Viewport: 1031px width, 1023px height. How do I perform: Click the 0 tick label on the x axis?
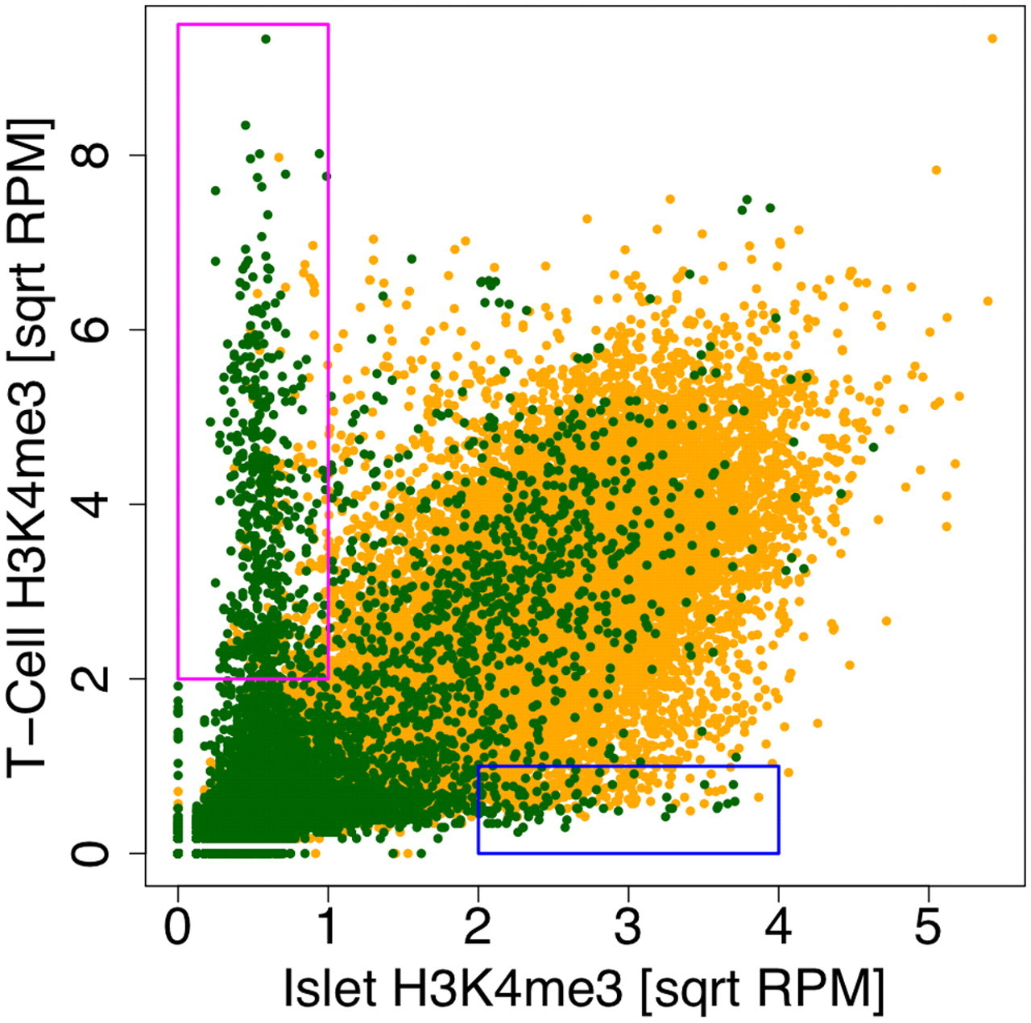pos(178,928)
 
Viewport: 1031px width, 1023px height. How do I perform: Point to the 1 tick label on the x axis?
pos(328,928)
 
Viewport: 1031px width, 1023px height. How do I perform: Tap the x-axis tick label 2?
pos(478,928)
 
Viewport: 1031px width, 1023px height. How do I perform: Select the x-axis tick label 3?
pos(628,928)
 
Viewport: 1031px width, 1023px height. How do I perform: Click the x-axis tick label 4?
pos(778,928)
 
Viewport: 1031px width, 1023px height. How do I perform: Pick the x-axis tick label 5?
pos(928,928)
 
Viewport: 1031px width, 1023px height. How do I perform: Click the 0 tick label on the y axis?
pos(91,853)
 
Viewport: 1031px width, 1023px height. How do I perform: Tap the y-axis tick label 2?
pos(91,679)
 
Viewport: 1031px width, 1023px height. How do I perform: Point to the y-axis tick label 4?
pos(91,504)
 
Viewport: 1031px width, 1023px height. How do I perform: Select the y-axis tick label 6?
pos(91,329)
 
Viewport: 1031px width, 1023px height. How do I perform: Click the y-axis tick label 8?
pos(91,155)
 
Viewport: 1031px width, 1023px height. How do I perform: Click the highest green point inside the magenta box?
pos(266,39)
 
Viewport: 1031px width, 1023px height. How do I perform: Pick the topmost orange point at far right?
pos(992,39)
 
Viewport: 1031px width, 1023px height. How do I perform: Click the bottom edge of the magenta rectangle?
pos(253,679)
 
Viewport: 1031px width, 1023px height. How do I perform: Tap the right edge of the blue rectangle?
pos(778,810)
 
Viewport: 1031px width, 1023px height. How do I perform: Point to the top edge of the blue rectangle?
pos(628,766)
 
